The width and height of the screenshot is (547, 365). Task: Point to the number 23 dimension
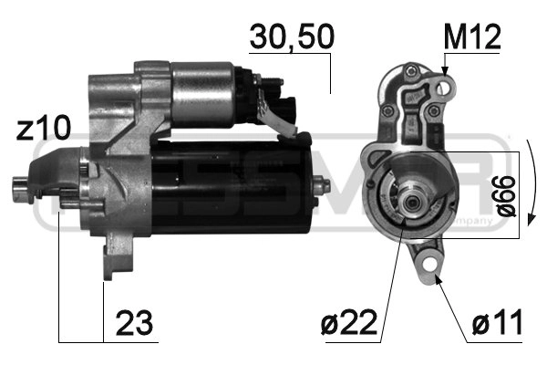[x=133, y=322]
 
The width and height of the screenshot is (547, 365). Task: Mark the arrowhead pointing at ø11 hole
[x=437, y=276]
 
